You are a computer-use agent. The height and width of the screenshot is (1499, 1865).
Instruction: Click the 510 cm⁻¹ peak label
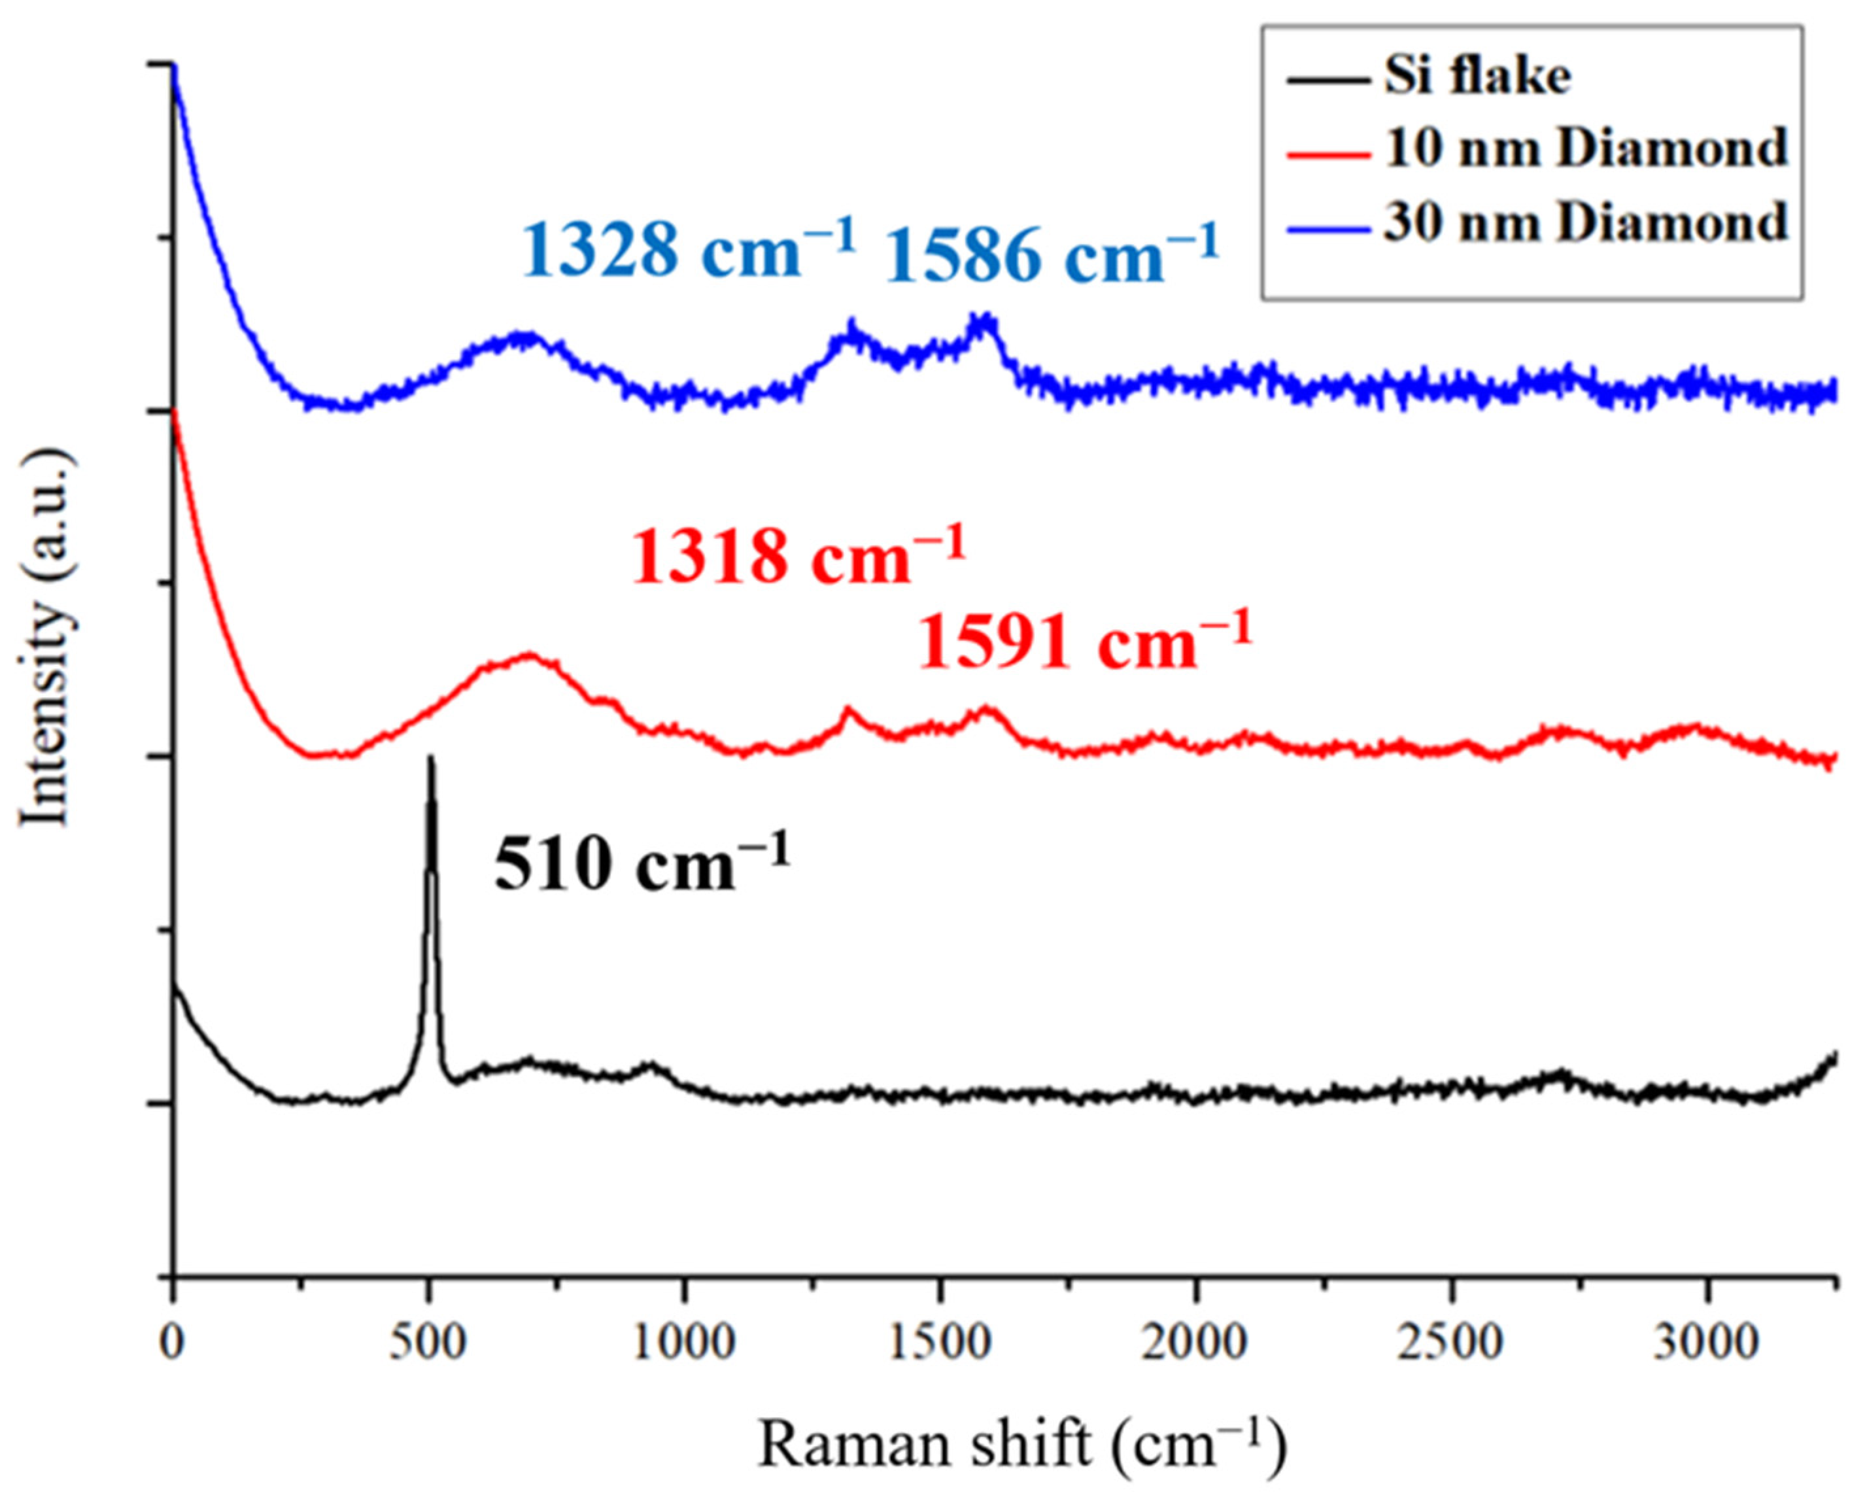[x=642, y=865]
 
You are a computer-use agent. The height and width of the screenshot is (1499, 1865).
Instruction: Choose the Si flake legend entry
[x=1477, y=76]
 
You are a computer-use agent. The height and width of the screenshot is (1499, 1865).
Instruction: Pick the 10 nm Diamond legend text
[x=1584, y=148]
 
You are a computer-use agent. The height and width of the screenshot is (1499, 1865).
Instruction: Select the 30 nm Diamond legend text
[x=1584, y=222]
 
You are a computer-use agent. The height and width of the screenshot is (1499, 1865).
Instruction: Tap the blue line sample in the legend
[x=1329, y=228]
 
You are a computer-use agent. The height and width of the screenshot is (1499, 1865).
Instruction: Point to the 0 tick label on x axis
[x=173, y=1343]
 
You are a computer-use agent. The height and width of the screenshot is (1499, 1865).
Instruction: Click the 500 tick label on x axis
[x=428, y=1343]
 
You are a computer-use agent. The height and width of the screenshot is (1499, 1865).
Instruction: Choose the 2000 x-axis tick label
[x=1195, y=1343]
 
